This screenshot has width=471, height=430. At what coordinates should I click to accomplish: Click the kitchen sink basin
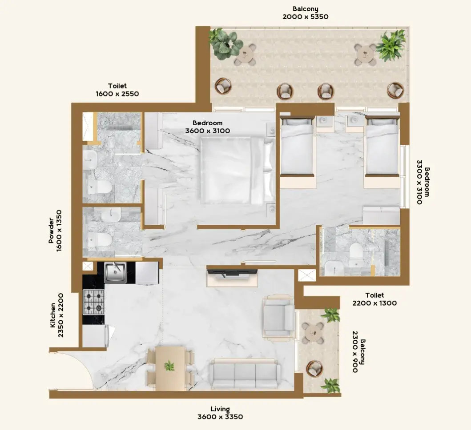pyautogui.click(x=115, y=272)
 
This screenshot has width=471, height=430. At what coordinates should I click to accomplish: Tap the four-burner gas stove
pyautogui.click(x=94, y=302)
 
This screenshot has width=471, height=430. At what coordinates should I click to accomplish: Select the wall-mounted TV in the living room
pyautogui.click(x=232, y=272)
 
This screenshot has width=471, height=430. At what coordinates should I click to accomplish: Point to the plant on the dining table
pyautogui.click(x=169, y=366)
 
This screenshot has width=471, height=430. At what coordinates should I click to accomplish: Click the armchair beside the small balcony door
pyautogui.click(x=278, y=319)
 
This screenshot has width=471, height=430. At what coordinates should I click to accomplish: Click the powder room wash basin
pyautogui.click(x=111, y=214)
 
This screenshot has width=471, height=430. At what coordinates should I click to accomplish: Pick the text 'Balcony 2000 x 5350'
pyautogui.click(x=305, y=13)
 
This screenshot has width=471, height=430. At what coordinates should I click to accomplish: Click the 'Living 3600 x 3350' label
pyautogui.click(x=220, y=413)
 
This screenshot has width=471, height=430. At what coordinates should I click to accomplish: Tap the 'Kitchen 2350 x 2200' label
pyautogui.click(x=56, y=315)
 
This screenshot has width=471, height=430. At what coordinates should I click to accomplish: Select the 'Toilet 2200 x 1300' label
pyautogui.click(x=374, y=299)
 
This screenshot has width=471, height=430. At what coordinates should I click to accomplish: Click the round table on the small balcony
pyautogui.click(x=313, y=333)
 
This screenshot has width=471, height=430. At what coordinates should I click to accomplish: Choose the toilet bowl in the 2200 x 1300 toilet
pyautogui.click(x=356, y=251)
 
